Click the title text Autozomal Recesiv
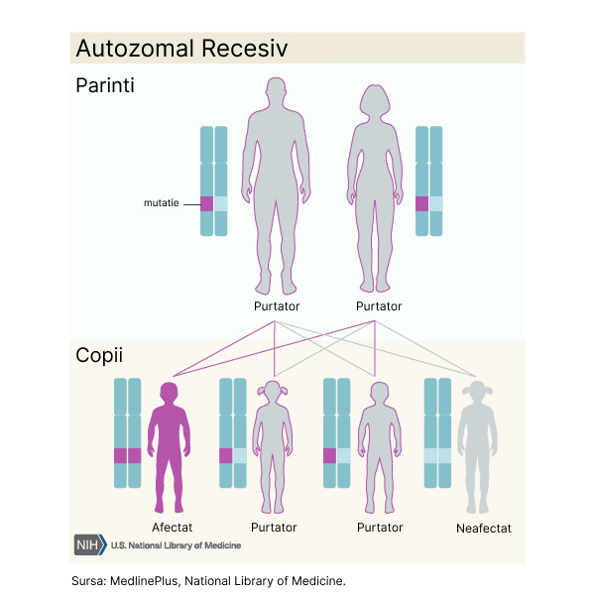[181, 49]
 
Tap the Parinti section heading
[105, 85]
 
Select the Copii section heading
[99, 355]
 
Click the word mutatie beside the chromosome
[162, 203]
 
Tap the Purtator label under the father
[276, 306]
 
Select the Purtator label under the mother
[379, 306]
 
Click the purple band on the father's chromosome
[207, 203]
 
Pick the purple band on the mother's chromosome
[422, 203]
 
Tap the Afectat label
[173, 528]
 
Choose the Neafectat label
[484, 529]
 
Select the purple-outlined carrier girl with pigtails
[274, 446]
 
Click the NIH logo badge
[89, 544]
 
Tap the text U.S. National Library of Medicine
[176, 545]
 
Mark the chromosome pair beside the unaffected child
[436, 433]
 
